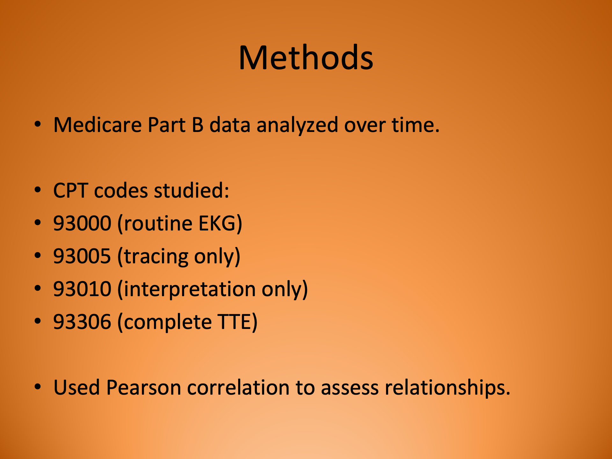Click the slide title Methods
[x=306, y=58]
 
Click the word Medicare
[x=97, y=125]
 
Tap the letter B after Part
[x=198, y=125]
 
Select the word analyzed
[x=297, y=125]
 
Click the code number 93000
[x=82, y=223]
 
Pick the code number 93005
[x=82, y=256]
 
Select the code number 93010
[x=82, y=289]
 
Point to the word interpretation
[x=189, y=289]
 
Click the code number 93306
[x=82, y=322]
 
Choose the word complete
[x=168, y=322]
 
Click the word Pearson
[x=143, y=388]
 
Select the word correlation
[x=238, y=388]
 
